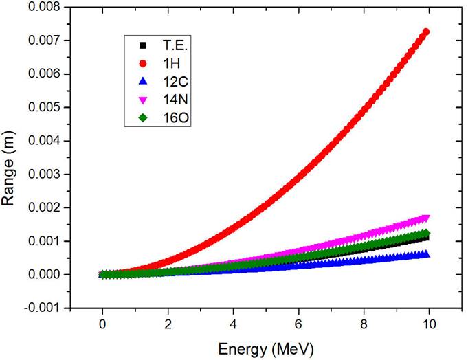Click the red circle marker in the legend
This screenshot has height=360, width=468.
click(142, 65)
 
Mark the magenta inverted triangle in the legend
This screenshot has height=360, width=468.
click(142, 102)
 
